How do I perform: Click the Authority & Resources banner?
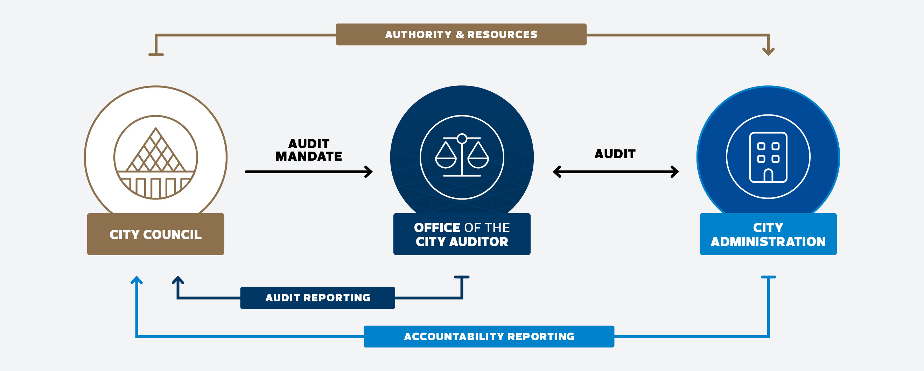(x=461, y=34)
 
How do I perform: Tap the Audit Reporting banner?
(x=317, y=297)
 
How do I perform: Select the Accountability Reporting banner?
(x=489, y=336)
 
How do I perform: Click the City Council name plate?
(x=155, y=234)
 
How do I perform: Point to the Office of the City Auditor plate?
(x=462, y=234)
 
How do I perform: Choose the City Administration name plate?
(x=768, y=234)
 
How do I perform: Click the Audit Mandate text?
(x=308, y=150)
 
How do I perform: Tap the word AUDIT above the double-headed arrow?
(x=615, y=154)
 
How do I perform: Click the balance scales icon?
(x=462, y=156)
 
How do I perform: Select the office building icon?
(x=768, y=157)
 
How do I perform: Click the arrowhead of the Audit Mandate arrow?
(x=370, y=171)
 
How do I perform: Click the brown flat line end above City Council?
(x=156, y=55)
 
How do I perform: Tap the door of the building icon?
(x=768, y=175)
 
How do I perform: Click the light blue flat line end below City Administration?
(x=768, y=277)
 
